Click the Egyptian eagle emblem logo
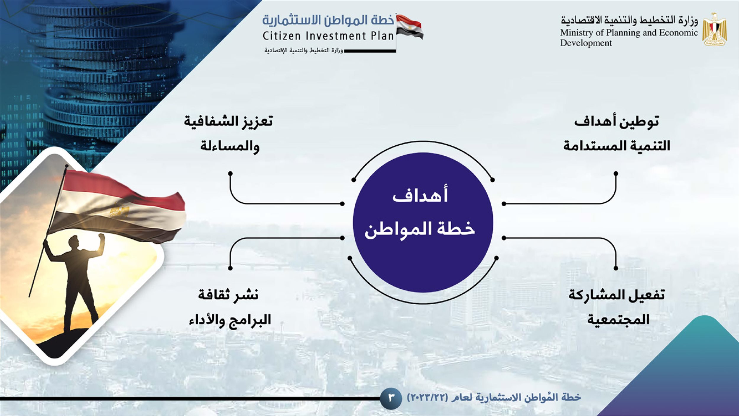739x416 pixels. point(714,29)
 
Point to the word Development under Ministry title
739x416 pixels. point(586,43)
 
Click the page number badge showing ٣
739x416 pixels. point(391,398)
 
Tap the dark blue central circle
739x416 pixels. point(423,222)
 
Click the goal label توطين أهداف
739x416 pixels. point(617,121)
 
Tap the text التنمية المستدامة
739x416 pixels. point(617,146)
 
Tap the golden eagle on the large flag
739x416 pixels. point(119,211)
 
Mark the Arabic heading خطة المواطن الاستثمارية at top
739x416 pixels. point(328,20)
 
